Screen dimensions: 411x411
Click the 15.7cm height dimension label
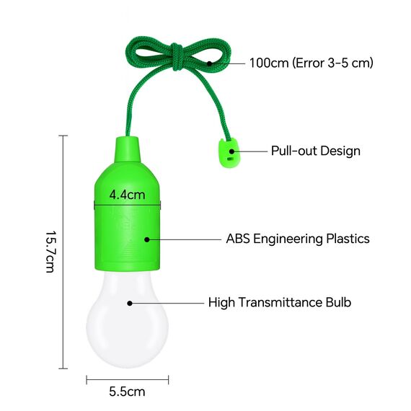50,252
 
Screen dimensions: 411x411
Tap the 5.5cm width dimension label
127,393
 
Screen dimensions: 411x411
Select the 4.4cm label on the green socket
127,195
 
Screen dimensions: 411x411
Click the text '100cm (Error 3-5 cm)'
311,63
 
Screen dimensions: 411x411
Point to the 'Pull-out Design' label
315,151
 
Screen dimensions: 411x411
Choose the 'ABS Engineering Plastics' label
298,239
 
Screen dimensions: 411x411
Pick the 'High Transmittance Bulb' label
280,303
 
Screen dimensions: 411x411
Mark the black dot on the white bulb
130,303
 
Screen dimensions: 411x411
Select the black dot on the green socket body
147,239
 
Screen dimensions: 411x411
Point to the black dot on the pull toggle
231,151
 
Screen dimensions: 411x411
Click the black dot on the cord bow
209,63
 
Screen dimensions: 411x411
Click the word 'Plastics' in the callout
345,239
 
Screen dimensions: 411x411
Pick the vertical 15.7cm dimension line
63,252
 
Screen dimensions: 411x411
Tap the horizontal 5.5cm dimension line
128,378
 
